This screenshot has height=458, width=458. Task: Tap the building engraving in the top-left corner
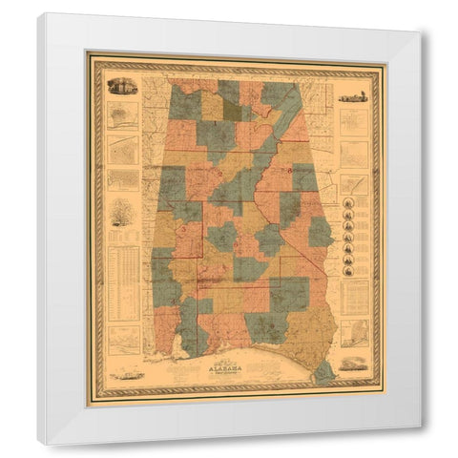122,87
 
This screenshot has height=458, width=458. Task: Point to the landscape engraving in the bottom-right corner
351,364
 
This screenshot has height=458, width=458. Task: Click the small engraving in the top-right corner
352,96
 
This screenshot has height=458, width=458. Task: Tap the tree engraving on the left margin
119,212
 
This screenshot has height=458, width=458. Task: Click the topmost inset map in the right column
354,123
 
